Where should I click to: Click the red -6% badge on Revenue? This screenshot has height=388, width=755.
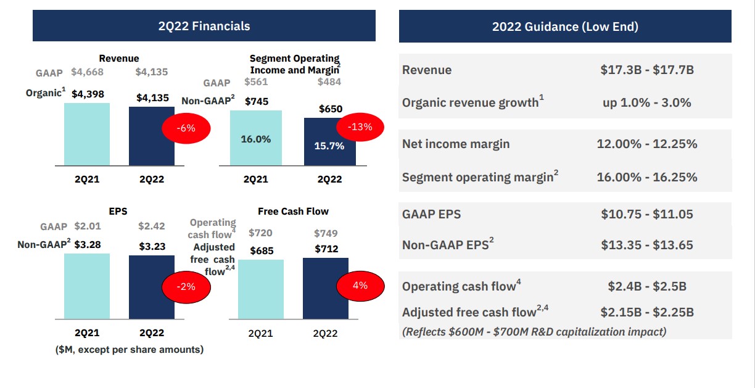[x=186, y=128]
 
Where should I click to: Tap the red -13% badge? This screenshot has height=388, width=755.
[x=360, y=127]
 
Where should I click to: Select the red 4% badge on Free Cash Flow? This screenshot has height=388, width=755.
[x=360, y=285]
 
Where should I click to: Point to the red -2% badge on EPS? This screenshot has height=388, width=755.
[x=186, y=286]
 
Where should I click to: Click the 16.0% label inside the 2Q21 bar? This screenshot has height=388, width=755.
[x=256, y=139]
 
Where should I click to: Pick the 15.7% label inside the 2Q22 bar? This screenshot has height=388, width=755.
[x=329, y=146]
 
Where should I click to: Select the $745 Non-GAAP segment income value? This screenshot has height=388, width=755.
[x=256, y=101]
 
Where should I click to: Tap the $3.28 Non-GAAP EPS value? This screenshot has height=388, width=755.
[x=87, y=244]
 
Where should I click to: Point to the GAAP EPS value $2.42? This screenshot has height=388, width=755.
[x=151, y=227]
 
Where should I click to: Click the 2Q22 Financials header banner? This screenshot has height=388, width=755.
[x=204, y=26]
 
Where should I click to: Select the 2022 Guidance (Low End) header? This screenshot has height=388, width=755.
[x=565, y=27]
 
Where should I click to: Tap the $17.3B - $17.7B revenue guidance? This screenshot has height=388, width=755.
[x=647, y=70]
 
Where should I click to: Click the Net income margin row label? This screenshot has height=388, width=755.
[x=456, y=144]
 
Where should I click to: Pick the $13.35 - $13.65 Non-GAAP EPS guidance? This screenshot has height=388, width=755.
[x=647, y=245]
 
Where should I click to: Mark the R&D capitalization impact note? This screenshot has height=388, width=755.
[x=534, y=331]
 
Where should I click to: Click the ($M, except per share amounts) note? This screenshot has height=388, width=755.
[x=130, y=350]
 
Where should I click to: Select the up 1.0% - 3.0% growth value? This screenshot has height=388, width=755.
[x=647, y=102]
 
